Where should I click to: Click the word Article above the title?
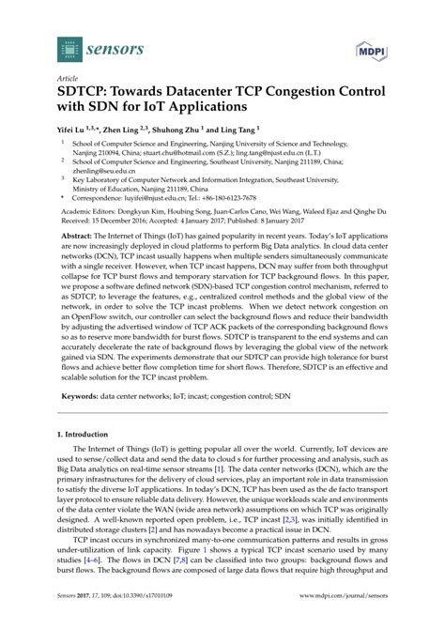(x=69, y=81)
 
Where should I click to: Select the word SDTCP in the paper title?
(x=95, y=96)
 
